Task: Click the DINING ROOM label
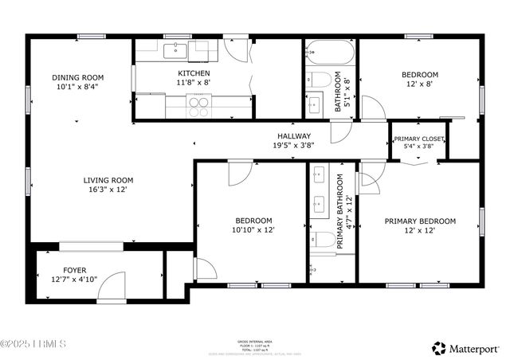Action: tap(78, 77)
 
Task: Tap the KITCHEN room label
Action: tap(194, 72)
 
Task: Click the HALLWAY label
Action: tap(293, 136)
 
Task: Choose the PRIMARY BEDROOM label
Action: tap(420, 221)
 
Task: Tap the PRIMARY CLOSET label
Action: tap(419, 139)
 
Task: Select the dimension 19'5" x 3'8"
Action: tap(293, 145)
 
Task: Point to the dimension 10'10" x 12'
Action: tap(253, 229)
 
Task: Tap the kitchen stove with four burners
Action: tap(198, 101)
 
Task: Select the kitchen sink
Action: tap(175, 51)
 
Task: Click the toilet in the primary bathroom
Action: tap(322, 240)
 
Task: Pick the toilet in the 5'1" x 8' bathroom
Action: tap(319, 79)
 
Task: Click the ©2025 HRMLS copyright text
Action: tap(33, 344)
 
